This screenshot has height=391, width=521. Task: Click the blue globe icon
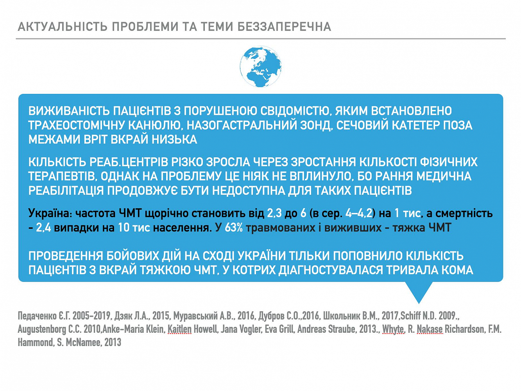(260, 66)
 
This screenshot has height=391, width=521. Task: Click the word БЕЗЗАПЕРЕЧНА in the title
(284, 27)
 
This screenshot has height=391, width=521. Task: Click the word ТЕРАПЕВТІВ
(63, 176)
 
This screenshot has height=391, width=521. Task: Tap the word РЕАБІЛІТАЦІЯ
(66, 190)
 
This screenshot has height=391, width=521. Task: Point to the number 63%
(234, 228)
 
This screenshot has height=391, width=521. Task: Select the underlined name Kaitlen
(179, 329)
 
